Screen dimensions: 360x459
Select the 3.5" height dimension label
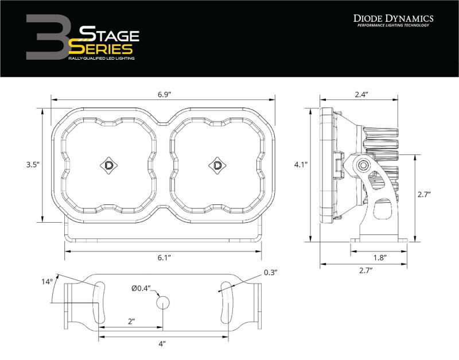click(32, 165)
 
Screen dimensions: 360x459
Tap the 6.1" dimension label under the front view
click(162, 258)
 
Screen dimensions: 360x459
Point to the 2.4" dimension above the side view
click(361, 94)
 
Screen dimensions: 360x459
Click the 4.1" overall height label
click(301, 165)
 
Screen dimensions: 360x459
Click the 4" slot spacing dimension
click(162, 344)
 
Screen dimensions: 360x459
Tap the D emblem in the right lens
click(217, 165)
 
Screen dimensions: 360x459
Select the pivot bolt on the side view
click(363, 167)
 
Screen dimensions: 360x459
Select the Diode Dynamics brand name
click(393, 19)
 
